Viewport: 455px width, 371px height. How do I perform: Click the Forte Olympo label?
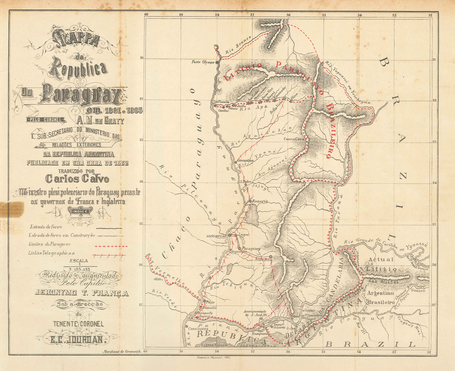point(203,62)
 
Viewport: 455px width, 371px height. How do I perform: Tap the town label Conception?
point(246,160)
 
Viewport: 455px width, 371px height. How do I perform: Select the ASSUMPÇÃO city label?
point(216,236)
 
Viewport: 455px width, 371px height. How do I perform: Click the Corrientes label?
point(198,329)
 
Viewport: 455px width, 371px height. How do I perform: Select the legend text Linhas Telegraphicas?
point(51,253)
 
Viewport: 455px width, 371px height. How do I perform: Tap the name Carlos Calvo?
point(78,178)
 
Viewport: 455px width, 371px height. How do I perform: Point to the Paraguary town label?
point(251,249)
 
